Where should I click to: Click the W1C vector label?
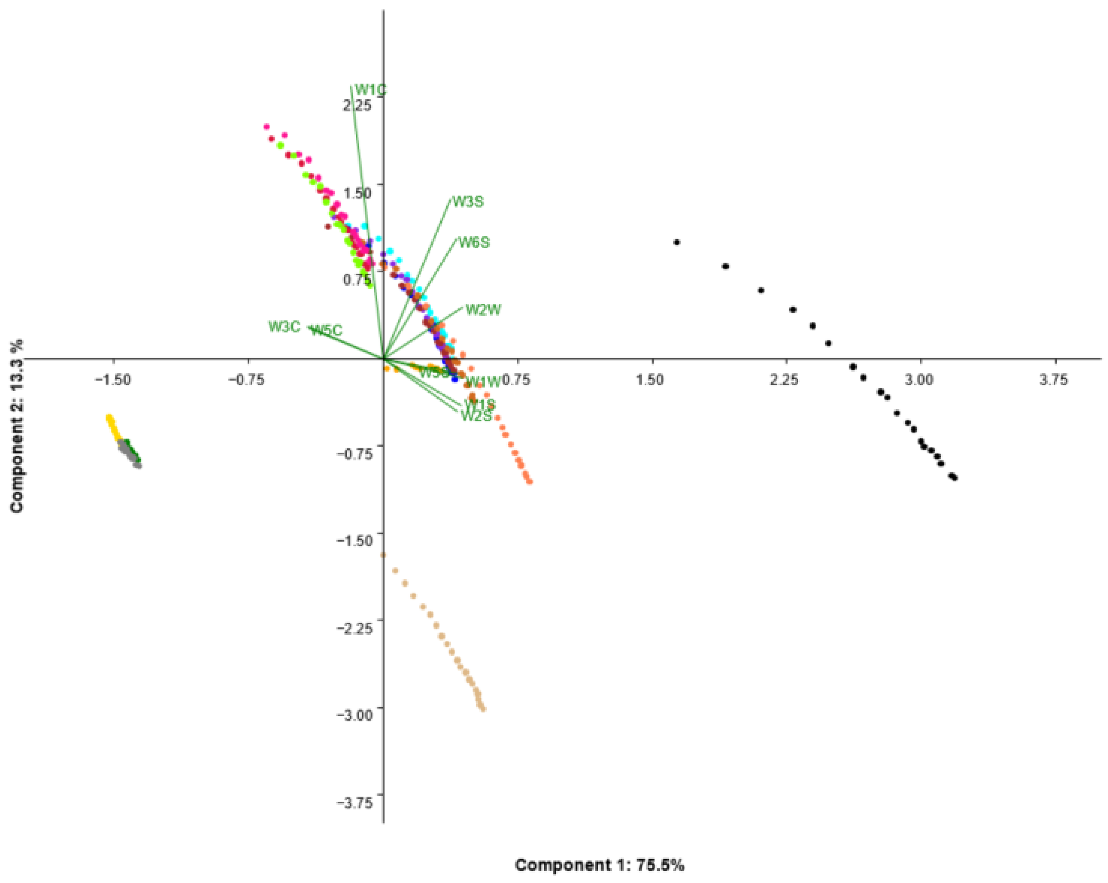click(370, 90)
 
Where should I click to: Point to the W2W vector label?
click(483, 310)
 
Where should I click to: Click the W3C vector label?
click(284, 327)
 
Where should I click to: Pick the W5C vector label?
click(327, 330)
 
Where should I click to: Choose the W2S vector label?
click(476, 416)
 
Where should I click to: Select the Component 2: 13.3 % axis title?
click(17, 426)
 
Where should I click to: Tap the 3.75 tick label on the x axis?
click(1053, 380)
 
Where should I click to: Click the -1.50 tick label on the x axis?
click(113, 380)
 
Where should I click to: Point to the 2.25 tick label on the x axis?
click(785, 380)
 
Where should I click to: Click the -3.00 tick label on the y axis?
click(354, 715)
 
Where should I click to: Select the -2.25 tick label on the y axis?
click(354, 628)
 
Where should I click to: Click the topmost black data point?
click(677, 242)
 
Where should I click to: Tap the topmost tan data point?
click(383, 555)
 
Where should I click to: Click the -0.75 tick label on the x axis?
click(247, 380)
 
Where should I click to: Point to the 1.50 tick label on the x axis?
click(650, 380)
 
